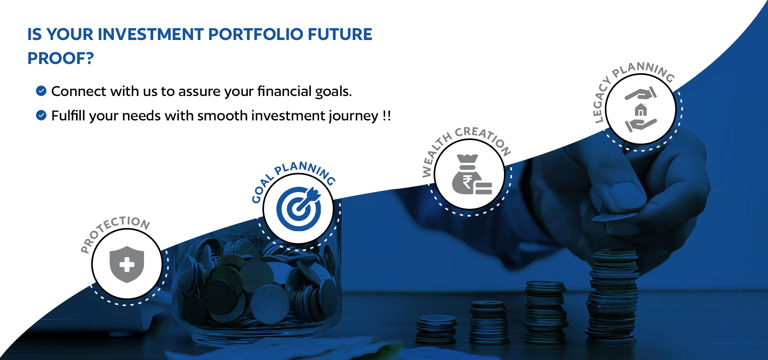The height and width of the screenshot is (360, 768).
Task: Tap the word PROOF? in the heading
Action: click(60, 58)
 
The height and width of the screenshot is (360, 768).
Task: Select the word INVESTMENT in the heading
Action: click(151, 34)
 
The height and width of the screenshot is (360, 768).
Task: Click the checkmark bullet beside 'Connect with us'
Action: click(41, 91)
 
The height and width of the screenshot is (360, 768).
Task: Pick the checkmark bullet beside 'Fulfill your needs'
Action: click(41, 115)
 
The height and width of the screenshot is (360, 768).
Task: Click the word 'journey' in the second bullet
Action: click(353, 116)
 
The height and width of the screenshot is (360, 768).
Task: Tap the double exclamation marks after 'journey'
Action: click(386, 116)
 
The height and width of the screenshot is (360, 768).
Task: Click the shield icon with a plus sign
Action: click(127, 264)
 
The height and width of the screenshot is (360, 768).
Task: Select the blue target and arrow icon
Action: click(299, 208)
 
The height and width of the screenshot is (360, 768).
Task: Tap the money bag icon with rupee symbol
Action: click(472, 174)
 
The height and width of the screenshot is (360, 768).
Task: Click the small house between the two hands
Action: click(641, 110)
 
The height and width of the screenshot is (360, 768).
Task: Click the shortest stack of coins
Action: click(436, 330)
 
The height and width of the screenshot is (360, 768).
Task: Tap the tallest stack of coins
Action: click(612, 296)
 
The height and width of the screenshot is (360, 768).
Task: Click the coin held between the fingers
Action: click(614, 217)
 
